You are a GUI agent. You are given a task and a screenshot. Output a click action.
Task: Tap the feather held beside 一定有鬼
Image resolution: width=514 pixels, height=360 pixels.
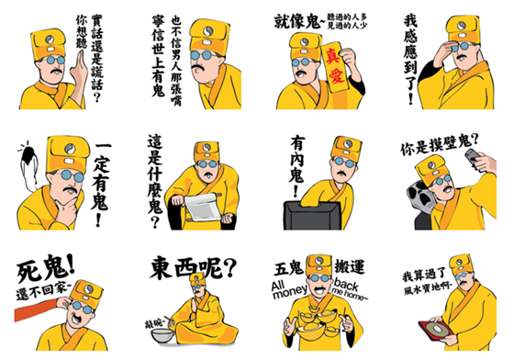click(30, 166)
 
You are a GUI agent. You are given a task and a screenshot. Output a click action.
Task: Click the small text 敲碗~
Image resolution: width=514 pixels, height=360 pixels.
click(157, 325)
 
